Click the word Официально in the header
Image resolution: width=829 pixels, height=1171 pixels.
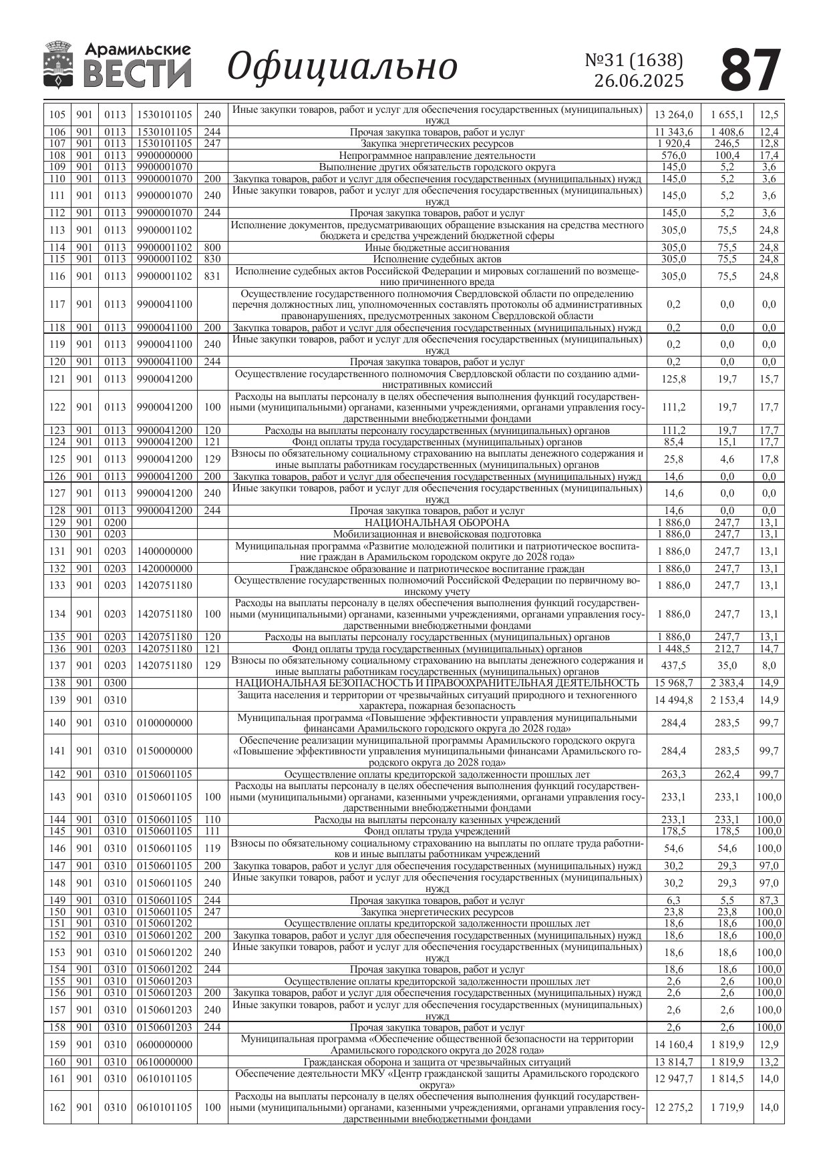point(342,67)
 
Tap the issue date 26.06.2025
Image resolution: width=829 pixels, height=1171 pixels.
point(639,81)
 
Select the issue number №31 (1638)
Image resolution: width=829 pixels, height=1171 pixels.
point(634,60)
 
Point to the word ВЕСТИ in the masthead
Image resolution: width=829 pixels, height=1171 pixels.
point(138,74)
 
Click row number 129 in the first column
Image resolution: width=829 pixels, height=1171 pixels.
point(57,523)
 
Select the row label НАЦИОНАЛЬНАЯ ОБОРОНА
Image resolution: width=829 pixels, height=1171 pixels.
point(437,523)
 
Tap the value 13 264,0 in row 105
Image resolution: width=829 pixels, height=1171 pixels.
point(673,115)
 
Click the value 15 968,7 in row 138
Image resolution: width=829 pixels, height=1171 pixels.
point(673,682)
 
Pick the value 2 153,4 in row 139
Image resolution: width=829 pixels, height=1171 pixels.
point(727,700)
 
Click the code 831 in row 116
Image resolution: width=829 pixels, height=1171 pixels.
point(212,276)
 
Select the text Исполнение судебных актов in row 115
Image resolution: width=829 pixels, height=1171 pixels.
point(437,259)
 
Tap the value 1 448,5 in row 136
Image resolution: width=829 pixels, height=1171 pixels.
point(673,648)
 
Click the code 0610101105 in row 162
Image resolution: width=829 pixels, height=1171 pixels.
point(164,1107)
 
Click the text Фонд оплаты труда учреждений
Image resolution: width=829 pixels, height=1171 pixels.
point(437,831)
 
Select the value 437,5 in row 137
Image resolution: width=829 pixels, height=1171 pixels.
point(673,666)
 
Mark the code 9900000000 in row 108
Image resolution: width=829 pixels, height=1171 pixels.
point(164,156)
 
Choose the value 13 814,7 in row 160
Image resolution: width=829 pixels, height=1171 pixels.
point(673,1062)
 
